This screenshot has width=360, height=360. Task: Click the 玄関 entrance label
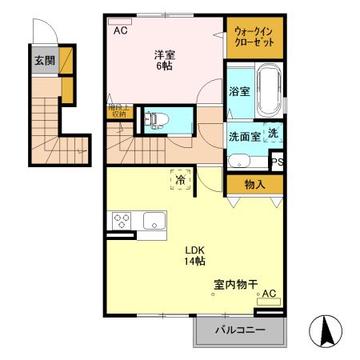(x=43, y=61)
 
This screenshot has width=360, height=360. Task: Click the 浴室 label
(x=238, y=91)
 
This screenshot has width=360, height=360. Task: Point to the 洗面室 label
(x=243, y=136)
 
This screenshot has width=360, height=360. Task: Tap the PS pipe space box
(x=277, y=162)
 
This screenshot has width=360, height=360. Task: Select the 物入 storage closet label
(x=254, y=184)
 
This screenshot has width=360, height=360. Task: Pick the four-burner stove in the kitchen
(x=122, y=219)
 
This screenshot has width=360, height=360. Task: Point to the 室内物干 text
(x=234, y=284)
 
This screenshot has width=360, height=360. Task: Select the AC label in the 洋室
(x=120, y=31)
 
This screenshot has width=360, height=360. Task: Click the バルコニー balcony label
(x=239, y=331)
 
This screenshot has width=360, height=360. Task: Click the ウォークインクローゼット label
(x=254, y=37)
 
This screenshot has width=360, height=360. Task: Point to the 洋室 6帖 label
(x=165, y=60)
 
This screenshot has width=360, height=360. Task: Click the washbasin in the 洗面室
(x=239, y=161)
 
